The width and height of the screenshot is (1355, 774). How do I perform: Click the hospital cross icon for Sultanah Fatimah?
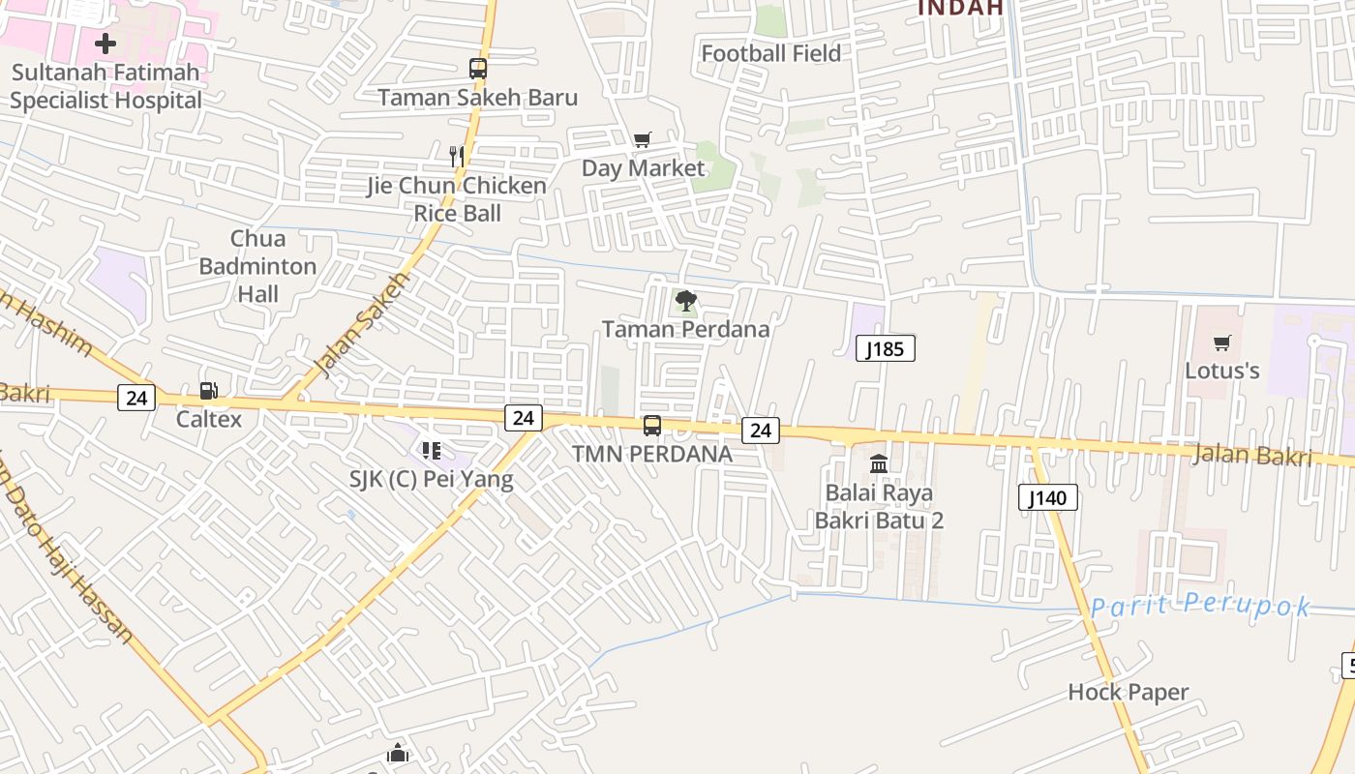click(105, 44)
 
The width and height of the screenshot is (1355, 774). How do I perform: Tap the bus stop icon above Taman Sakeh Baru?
click(478, 69)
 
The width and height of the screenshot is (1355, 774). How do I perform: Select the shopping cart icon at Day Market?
click(643, 140)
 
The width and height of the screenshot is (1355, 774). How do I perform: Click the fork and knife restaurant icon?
click(457, 155)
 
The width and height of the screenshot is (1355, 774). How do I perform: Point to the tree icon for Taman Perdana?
click(686, 301)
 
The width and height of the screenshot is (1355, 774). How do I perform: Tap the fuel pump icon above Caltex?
click(208, 391)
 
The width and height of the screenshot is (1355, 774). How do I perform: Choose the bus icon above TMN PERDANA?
click(652, 426)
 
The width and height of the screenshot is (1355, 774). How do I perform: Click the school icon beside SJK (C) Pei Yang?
click(432, 451)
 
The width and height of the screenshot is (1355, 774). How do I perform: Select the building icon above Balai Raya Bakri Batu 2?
click(879, 464)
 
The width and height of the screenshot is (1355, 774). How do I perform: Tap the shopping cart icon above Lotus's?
click(1222, 342)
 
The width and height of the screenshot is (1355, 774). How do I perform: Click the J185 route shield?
click(886, 348)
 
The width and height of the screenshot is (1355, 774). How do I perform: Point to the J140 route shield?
click(1048, 498)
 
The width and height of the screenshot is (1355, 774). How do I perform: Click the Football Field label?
click(770, 53)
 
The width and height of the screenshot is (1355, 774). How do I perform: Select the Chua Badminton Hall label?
click(258, 266)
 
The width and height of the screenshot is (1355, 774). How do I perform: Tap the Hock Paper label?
click(1128, 692)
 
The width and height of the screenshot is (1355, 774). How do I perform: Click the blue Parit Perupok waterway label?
click(1200, 607)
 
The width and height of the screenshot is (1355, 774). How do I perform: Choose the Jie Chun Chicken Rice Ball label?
click(457, 198)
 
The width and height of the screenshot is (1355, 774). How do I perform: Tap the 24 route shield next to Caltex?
click(136, 397)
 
